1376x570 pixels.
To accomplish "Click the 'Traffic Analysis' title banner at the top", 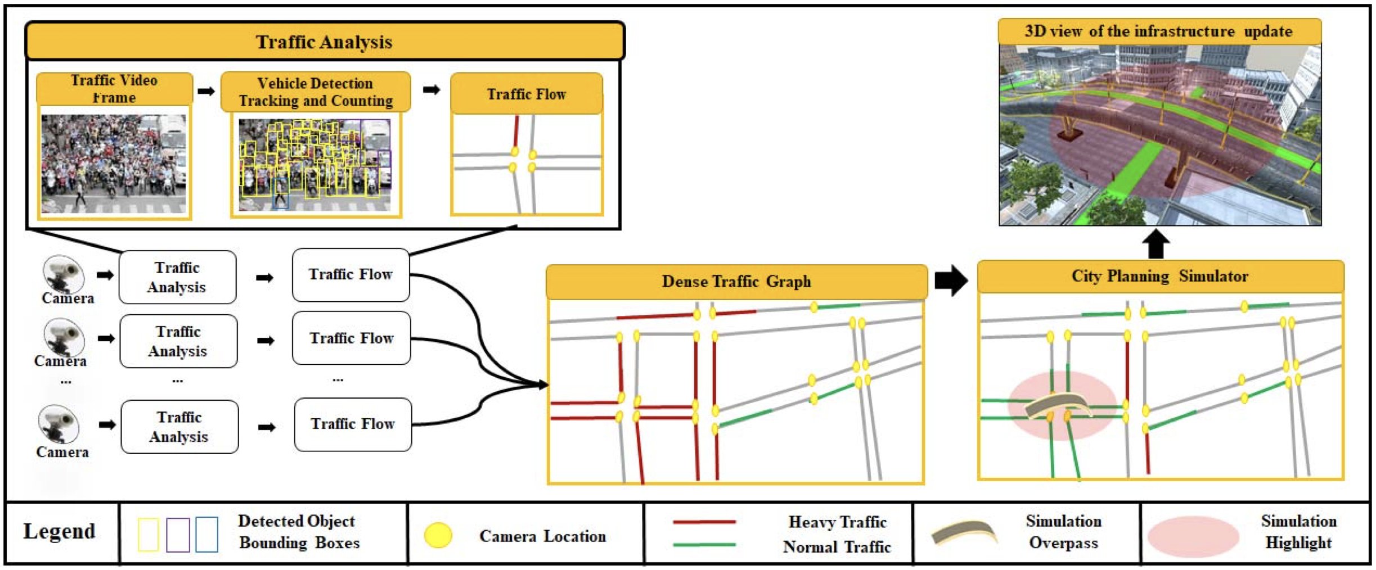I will pos(324,42).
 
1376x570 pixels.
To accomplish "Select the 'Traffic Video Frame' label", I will pos(114,89).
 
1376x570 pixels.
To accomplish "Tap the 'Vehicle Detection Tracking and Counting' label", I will pos(316,92).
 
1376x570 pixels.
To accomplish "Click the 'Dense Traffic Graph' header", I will pos(736,281).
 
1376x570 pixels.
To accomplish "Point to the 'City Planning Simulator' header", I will pos(1159,276).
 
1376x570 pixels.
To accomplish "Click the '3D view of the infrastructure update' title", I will pos(1158,31).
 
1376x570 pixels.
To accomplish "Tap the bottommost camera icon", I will pos(59,424).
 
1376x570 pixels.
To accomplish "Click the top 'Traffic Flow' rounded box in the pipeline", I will pos(350,275).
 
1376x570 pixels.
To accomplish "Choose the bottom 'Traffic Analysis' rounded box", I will pos(179,427).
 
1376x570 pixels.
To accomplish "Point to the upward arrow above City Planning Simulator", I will pos(1156,243).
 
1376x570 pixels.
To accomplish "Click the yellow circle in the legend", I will pos(438,535).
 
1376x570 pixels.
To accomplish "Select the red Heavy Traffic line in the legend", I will pos(704,522).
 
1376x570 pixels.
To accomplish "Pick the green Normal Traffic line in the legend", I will pos(704,545).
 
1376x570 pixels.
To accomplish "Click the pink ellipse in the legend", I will pos(1193,536).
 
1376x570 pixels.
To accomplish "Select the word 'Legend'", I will pos(59,531).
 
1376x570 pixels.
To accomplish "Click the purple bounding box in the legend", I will pos(178,534).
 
